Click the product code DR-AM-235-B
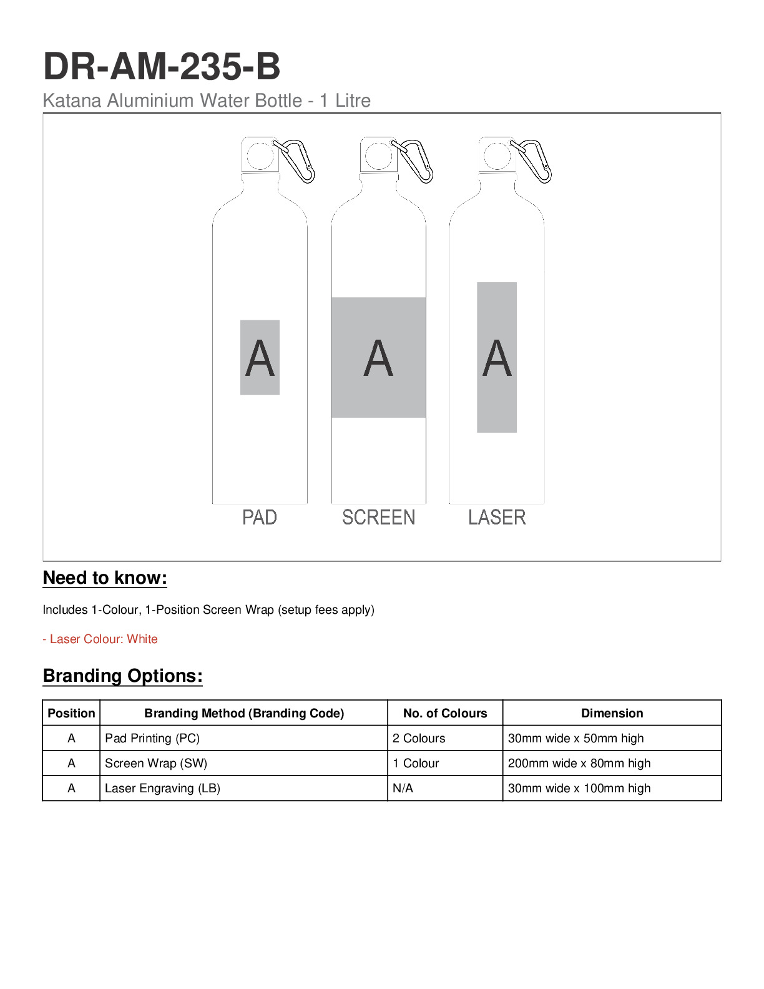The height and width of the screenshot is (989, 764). [x=162, y=66]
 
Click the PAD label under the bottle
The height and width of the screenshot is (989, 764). [x=260, y=517]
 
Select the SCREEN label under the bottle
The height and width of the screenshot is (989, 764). [x=378, y=517]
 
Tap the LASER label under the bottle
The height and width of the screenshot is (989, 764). [x=497, y=517]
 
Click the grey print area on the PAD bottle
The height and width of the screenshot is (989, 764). [x=260, y=357]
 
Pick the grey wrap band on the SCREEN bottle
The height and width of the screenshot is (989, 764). [x=378, y=357]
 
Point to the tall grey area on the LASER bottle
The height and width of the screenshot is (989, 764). [x=497, y=357]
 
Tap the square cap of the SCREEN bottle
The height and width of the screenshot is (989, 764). [x=378, y=155]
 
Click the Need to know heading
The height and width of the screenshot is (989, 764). [x=105, y=578]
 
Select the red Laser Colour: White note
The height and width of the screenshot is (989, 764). [x=100, y=639]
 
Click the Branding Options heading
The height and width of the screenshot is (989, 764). [x=123, y=676]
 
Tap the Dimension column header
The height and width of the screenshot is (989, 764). [x=612, y=713]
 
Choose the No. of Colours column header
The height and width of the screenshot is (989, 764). [x=445, y=713]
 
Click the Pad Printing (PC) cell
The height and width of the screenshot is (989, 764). [x=152, y=738]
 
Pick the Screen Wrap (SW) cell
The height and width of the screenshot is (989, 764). [x=156, y=763]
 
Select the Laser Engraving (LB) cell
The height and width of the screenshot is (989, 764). [x=162, y=788]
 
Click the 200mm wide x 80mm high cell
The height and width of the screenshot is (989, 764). [x=579, y=763]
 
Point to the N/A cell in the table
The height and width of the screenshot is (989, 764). [x=403, y=788]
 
